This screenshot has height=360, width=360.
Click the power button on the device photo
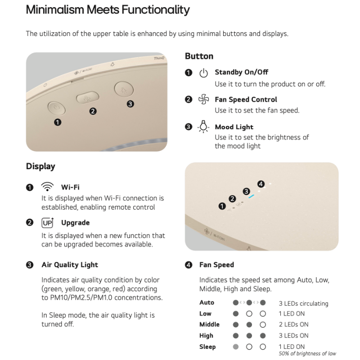coord(57,108)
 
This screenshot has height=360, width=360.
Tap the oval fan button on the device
coord(87,97)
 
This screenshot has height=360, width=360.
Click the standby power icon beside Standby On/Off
coord(203,73)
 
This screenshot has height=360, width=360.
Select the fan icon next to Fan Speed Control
coord(204,99)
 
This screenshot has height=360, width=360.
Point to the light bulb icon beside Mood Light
coord(203,126)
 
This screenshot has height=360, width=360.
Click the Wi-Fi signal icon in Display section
coord(47,187)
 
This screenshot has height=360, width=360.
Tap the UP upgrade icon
coord(48,223)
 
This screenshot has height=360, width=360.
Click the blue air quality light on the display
coord(252,197)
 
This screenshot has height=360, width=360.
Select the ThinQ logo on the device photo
coord(159,58)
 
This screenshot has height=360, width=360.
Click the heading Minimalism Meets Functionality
coord(108,9)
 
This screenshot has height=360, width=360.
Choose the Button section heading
coord(199,56)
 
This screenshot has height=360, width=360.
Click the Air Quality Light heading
coord(70,265)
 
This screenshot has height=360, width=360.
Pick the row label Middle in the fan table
coord(209,324)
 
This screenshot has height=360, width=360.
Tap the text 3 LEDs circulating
coord(303,303)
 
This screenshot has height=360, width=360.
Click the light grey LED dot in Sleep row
coord(235,346)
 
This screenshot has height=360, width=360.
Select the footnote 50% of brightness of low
coord(307,354)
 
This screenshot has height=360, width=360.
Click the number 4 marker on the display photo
coord(261,184)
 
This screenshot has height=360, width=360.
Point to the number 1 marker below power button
coord(58,122)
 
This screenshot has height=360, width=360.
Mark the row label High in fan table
coord(206,336)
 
